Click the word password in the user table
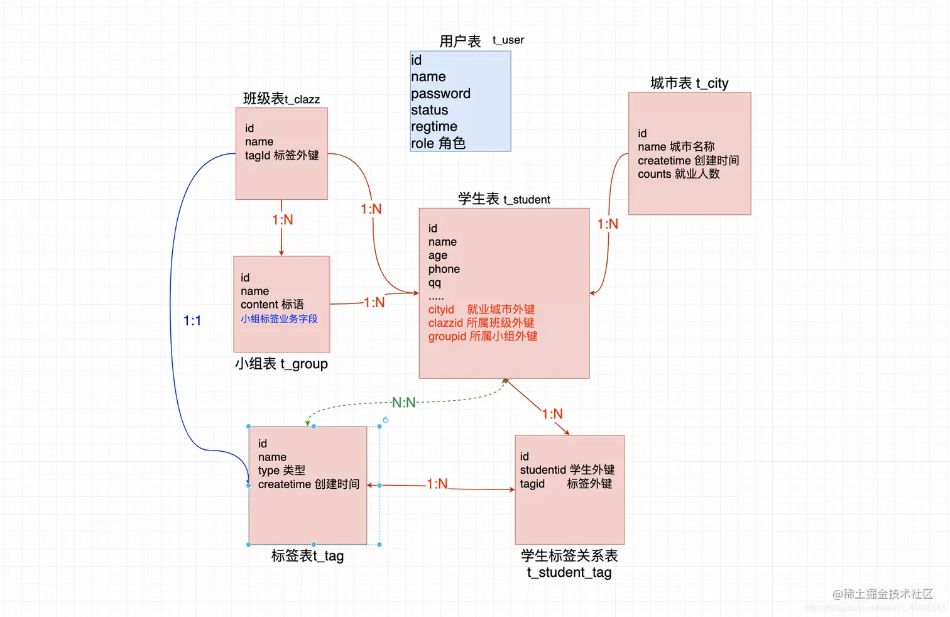click(x=440, y=94)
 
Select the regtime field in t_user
click(x=434, y=127)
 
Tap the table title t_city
click(x=689, y=83)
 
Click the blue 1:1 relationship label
click(x=192, y=321)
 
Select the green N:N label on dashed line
click(x=403, y=403)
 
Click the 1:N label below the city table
click(x=608, y=224)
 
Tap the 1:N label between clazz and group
click(x=282, y=220)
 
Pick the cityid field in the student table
click(x=441, y=310)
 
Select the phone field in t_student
click(x=444, y=269)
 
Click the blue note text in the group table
click(x=279, y=319)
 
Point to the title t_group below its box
click(x=281, y=364)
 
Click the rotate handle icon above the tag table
click(x=385, y=420)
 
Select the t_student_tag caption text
click(x=569, y=572)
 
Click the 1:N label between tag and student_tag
click(x=437, y=484)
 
